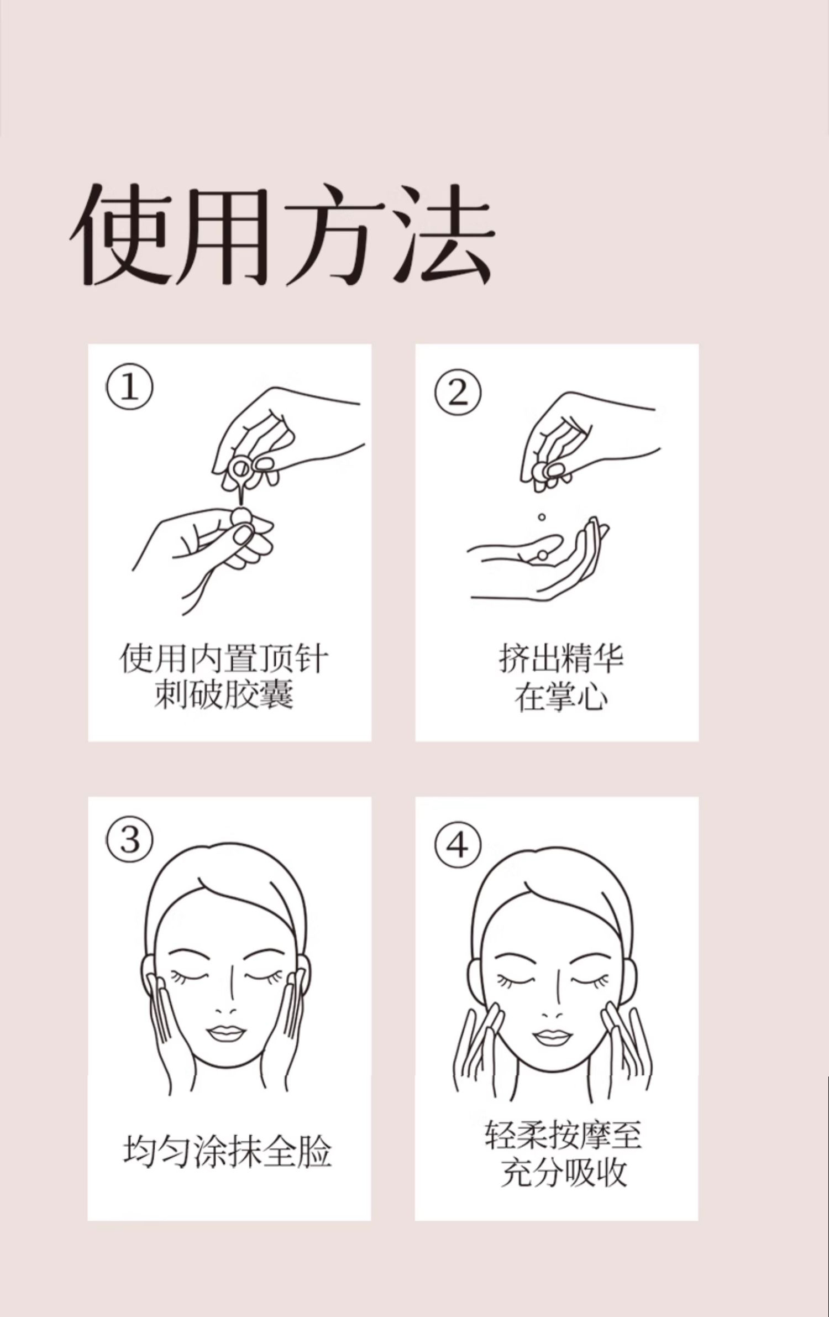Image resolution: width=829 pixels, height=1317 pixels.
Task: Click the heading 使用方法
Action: pyautogui.click(x=282, y=234)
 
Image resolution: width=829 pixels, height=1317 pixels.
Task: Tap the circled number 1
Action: pyautogui.click(x=129, y=386)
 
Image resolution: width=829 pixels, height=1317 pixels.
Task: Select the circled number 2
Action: pyautogui.click(x=458, y=392)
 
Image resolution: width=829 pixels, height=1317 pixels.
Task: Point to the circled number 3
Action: pyautogui.click(x=129, y=839)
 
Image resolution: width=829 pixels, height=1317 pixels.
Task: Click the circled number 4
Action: pyautogui.click(x=458, y=845)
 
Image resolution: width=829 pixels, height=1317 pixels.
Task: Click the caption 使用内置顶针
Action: pyautogui.click(x=224, y=658)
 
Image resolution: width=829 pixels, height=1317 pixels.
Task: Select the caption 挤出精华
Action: pyautogui.click(x=561, y=658)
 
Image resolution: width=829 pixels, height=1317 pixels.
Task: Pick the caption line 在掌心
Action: pyautogui.click(x=561, y=696)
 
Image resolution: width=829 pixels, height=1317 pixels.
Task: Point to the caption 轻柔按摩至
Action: pyautogui.click(x=563, y=1134)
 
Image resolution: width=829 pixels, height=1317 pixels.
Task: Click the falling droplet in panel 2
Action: pyautogui.click(x=542, y=518)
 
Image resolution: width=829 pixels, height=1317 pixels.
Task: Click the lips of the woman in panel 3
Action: pyautogui.click(x=226, y=1033)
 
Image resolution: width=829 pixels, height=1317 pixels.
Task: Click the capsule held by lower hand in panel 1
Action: pyautogui.click(x=240, y=518)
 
